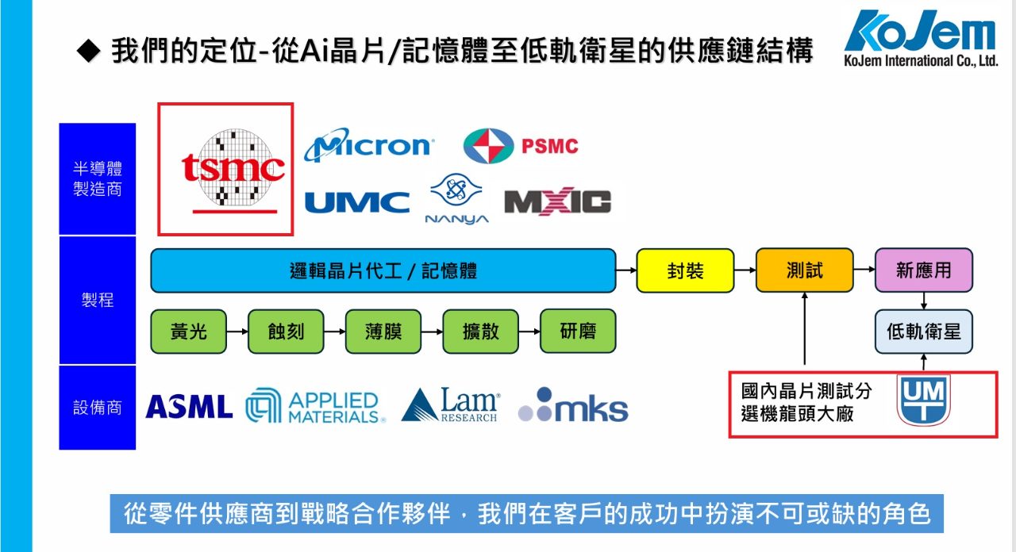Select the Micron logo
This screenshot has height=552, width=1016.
368,146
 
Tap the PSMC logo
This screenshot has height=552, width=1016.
521,146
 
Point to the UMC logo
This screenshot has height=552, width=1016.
357,203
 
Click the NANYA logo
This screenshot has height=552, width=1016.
456,200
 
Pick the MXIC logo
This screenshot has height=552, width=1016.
557,202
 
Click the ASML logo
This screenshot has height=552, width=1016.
189,407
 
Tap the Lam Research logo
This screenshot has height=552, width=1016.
451,404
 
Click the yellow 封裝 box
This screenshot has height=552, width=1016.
685,270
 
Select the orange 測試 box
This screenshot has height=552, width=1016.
804,270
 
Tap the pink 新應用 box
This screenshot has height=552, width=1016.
923,270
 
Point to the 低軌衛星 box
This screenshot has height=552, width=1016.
923,331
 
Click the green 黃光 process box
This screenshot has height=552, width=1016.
188,331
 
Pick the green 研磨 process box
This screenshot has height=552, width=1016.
577,331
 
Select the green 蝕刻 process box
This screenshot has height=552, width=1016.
286,331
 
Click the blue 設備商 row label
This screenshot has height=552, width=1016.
98,407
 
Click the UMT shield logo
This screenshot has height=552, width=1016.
923,401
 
